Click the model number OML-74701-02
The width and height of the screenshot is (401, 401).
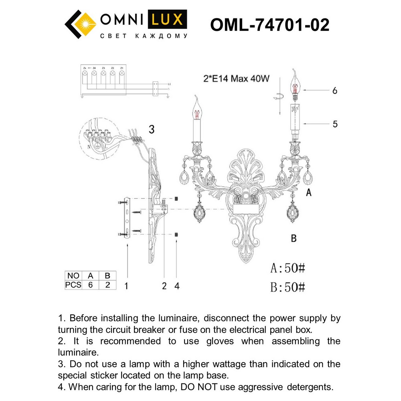pyautogui.click(x=269, y=25)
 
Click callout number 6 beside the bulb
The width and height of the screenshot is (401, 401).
pyautogui.click(x=335, y=91)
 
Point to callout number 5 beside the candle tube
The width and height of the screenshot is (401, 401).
pyautogui.click(x=335, y=124)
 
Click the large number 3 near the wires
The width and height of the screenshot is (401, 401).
pyautogui.click(x=152, y=129)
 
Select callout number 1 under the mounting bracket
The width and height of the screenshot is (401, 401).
pyautogui.click(x=126, y=286)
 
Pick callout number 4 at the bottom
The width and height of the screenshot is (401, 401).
pyautogui.click(x=177, y=286)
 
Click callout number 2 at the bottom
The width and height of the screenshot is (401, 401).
pyautogui.click(x=164, y=286)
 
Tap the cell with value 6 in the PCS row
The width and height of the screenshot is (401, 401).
pyautogui.click(x=91, y=285)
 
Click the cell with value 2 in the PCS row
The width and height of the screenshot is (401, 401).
pyautogui.click(x=107, y=285)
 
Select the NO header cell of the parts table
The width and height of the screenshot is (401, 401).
pyautogui.click(x=73, y=276)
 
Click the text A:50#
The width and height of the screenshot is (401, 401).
pyautogui.click(x=288, y=268)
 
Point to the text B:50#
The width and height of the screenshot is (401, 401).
pyautogui.click(x=288, y=287)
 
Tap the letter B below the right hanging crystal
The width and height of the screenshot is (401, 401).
pyautogui.click(x=294, y=239)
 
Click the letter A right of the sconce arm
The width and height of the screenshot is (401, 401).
pyautogui.click(x=308, y=193)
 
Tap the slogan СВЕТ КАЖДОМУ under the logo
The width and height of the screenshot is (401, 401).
pyautogui.click(x=143, y=36)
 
